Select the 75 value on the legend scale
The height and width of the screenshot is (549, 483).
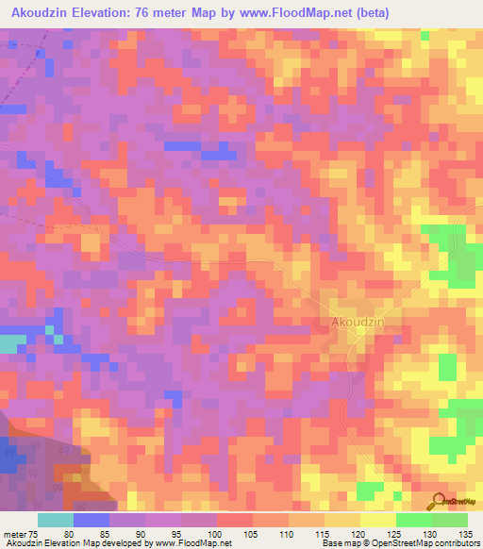[x=32, y=532]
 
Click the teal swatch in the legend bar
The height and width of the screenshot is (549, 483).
[x=56, y=520]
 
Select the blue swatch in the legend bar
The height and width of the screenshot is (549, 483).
[x=92, y=520]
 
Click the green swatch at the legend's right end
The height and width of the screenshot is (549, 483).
[x=449, y=520]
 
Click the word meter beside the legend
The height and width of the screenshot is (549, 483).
[x=13, y=532]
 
